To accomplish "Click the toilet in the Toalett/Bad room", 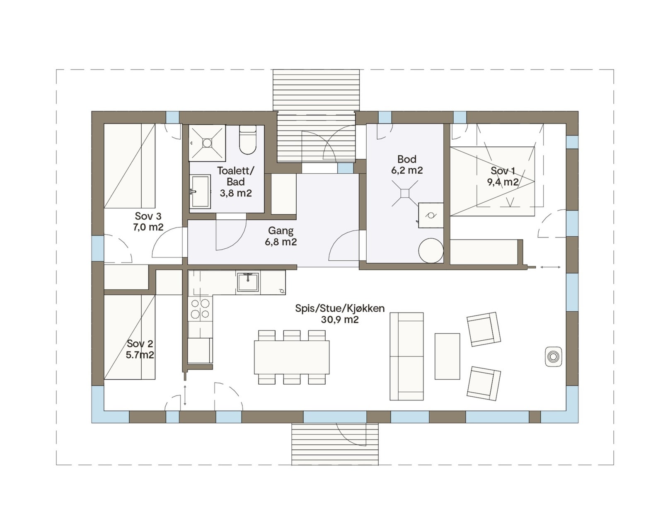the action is [248, 140].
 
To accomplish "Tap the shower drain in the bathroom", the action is [207, 143].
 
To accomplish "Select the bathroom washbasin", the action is [200, 192].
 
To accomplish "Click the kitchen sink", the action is [248, 282].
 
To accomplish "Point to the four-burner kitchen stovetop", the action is [200, 309].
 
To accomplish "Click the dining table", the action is [292, 357].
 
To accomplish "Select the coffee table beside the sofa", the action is [447, 356].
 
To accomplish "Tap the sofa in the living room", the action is [407, 356].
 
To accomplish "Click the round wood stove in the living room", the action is [553, 356].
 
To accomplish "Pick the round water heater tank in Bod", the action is [431, 250].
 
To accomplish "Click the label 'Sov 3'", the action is [148, 216].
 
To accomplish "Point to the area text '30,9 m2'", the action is [340, 320].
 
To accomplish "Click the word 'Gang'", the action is [281, 230].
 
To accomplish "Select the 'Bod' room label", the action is [407, 159].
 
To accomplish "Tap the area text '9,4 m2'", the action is [503, 182].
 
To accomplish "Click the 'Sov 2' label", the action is [140, 343].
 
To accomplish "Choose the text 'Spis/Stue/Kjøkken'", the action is [340, 308].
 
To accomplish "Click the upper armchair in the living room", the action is [484, 329].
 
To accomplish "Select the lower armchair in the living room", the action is [484, 383].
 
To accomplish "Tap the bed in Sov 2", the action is [129, 337].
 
